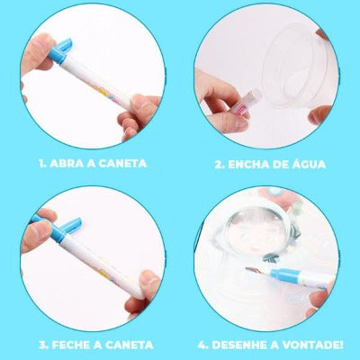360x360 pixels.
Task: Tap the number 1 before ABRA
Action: [x=40, y=165]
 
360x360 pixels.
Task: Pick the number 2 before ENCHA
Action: [x=219, y=165]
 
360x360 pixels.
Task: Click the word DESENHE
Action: [x=246, y=345]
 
